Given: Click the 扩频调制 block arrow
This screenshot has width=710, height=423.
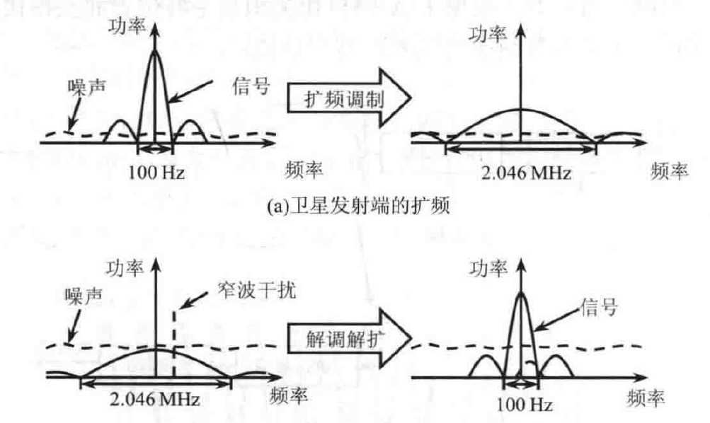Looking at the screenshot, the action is [x=344, y=100].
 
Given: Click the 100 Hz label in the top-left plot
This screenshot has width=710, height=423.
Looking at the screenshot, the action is [x=156, y=172].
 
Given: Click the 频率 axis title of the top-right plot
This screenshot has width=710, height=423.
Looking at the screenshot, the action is [x=667, y=172].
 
